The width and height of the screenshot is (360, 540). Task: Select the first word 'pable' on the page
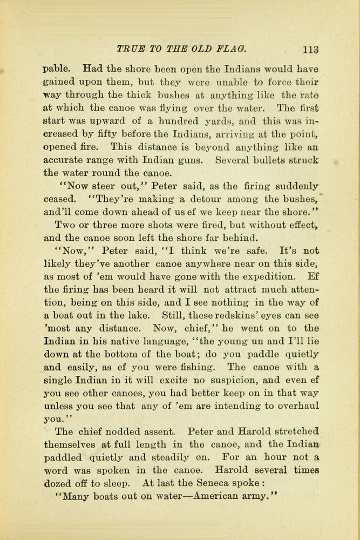56,69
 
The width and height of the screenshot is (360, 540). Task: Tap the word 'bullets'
272,160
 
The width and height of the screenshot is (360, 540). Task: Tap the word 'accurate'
64,160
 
